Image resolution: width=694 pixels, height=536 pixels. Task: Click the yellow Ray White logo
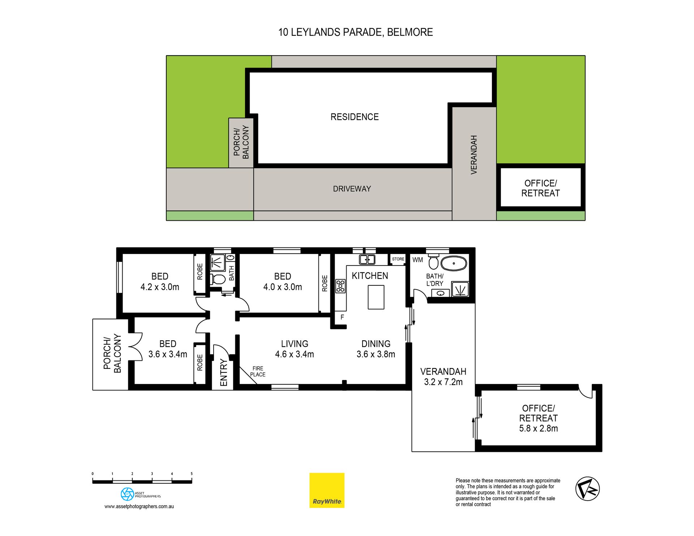pos(327,490)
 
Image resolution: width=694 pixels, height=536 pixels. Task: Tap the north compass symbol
pos(587,489)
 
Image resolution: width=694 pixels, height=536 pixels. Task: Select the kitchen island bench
pos(376,297)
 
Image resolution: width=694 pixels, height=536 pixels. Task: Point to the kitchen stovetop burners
pos(340,286)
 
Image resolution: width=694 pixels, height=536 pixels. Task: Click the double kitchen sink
pos(367,259)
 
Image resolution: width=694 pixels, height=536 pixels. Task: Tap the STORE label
pos(398,259)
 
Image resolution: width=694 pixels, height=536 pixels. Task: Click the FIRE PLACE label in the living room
pos(258,372)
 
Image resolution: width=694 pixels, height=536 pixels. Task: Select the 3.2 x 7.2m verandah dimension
pos(443,382)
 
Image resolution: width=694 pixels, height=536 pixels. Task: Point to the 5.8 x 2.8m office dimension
pos(538,429)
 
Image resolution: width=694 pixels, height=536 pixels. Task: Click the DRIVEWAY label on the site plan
pos(352,189)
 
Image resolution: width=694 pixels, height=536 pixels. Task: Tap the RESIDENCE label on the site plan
pos(355,117)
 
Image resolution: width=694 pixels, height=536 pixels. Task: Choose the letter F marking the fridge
pos(342,317)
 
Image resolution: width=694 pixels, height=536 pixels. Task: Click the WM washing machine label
pos(417,260)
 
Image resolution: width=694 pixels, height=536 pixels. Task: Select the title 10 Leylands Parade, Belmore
pos(355,33)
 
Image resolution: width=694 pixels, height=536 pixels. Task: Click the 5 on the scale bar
pos(192,474)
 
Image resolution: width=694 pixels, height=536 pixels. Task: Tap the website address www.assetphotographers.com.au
pos(139,506)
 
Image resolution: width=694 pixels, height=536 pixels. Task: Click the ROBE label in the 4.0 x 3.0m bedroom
pos(325,283)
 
